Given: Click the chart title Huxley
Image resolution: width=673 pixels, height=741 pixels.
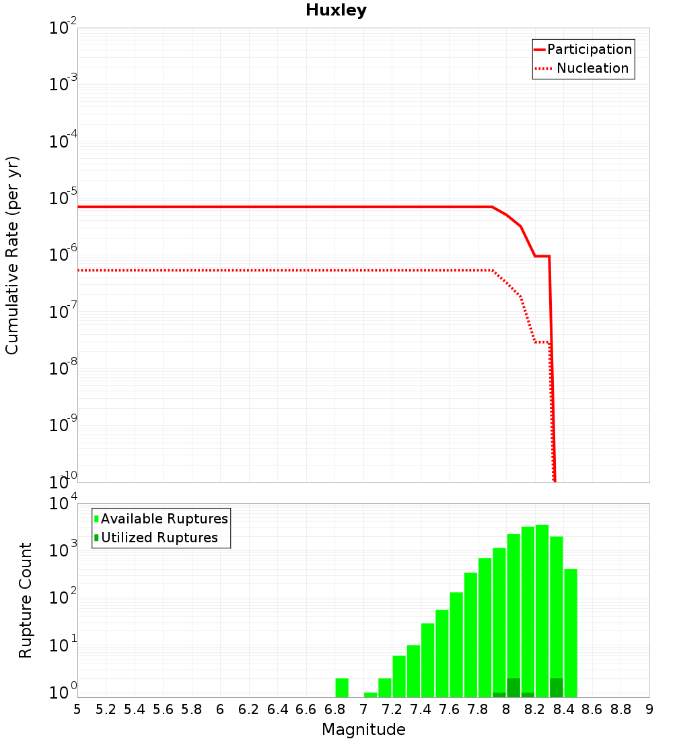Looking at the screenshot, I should click(336, 10).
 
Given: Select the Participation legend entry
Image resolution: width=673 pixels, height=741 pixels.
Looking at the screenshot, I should click(589, 50).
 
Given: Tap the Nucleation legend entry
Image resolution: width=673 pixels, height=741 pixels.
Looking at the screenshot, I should click(592, 69).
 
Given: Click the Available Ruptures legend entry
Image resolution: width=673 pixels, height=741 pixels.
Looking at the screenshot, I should click(164, 519).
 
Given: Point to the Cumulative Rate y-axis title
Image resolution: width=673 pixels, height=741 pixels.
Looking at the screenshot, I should click(12, 255).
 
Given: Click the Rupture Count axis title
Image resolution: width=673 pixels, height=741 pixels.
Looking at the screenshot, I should click(26, 600).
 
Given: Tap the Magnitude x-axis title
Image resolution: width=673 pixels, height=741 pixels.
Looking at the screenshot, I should click(363, 730).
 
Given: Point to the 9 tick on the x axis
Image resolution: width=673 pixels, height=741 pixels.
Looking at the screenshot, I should click(649, 709).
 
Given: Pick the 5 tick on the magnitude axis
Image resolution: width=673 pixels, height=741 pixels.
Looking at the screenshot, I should click(77, 709).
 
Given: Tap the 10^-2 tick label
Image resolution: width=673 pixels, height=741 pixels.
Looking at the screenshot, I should click(63, 28).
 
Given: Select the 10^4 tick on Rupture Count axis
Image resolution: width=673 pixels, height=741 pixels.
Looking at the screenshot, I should click(63, 504).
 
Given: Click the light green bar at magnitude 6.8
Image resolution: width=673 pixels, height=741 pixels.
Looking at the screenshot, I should click(342, 687).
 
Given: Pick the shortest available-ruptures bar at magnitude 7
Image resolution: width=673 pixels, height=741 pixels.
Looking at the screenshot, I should click(370, 695).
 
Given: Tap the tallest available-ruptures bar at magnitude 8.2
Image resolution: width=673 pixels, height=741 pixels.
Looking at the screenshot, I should click(542, 610).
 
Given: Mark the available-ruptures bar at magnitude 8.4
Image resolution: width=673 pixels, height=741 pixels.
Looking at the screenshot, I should click(571, 633).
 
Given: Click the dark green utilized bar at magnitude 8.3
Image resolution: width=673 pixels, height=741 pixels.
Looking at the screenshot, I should click(557, 688).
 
